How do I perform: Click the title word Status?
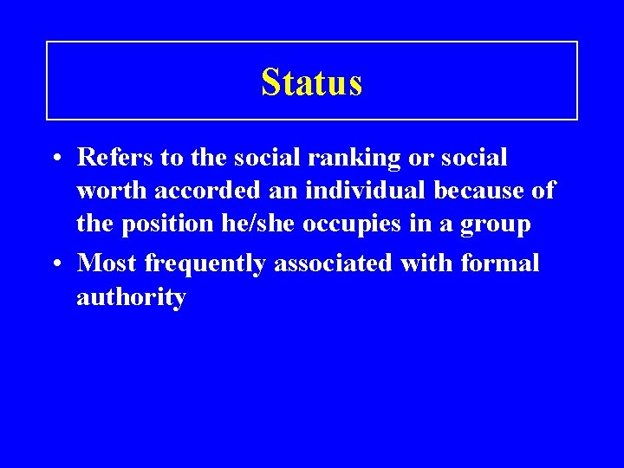click(311, 82)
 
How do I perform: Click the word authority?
click(131, 298)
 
